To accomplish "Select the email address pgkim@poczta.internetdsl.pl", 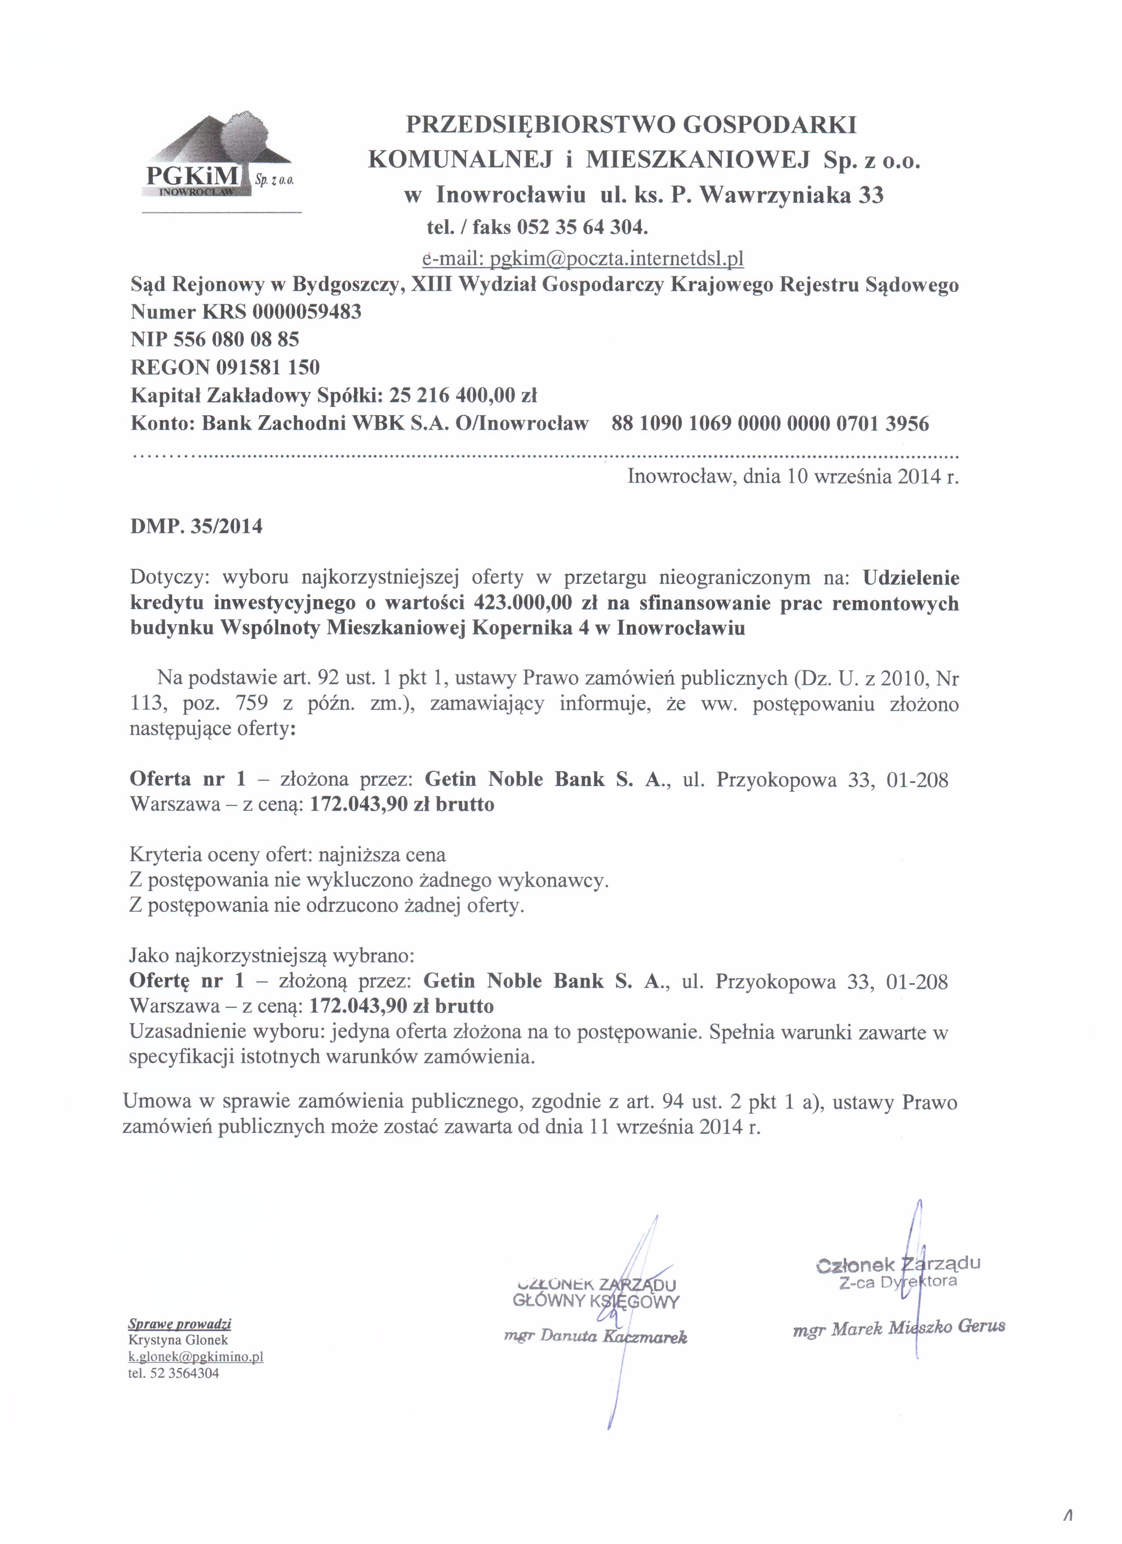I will [x=616, y=259].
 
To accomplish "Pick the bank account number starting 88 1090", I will [x=770, y=424].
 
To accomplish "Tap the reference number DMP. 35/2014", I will [x=196, y=527].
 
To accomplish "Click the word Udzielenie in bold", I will [x=911, y=578].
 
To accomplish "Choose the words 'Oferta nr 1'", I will [x=187, y=779].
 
